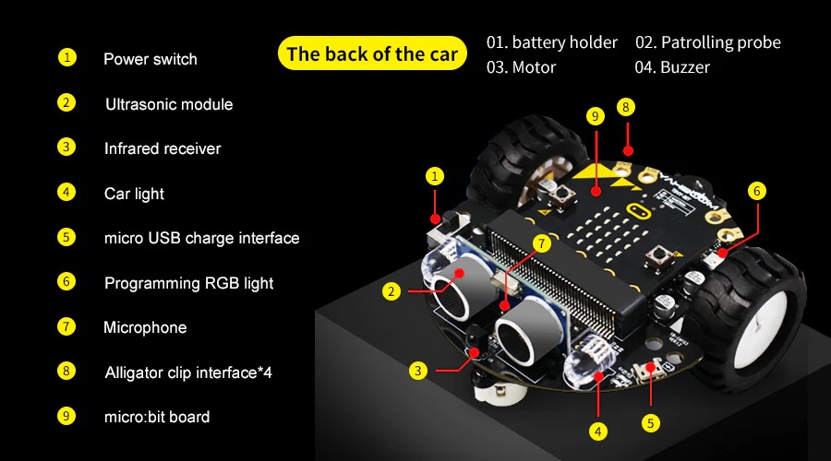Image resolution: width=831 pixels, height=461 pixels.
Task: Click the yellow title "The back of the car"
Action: click(x=372, y=53)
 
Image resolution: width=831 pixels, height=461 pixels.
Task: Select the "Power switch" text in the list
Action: click(x=150, y=59)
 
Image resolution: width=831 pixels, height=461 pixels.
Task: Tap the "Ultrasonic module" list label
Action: click(x=169, y=104)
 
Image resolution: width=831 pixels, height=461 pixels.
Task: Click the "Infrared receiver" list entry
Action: click(x=163, y=148)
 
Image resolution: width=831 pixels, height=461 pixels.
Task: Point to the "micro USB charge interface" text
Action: click(x=201, y=238)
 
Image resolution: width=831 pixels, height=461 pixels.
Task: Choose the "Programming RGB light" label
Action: click(x=188, y=283)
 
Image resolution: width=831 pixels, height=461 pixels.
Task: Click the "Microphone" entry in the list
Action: click(x=145, y=327)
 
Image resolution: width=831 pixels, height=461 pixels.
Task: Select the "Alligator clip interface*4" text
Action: click(x=188, y=372)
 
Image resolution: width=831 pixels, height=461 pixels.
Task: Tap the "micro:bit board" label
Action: click(x=157, y=417)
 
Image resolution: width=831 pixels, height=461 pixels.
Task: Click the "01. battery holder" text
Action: click(x=552, y=42)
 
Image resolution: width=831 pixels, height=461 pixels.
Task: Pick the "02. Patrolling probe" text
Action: click(x=707, y=42)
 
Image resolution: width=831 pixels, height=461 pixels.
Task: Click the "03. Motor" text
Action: click(x=522, y=67)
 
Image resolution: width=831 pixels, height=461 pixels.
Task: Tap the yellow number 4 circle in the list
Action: click(x=66, y=193)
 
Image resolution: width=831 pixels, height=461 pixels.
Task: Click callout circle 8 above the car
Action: click(x=626, y=107)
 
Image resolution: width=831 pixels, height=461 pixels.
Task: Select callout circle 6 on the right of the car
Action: click(x=757, y=191)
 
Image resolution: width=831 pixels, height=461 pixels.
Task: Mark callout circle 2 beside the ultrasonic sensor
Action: click(x=392, y=291)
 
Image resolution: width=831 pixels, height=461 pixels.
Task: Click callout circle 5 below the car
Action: click(x=651, y=423)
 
